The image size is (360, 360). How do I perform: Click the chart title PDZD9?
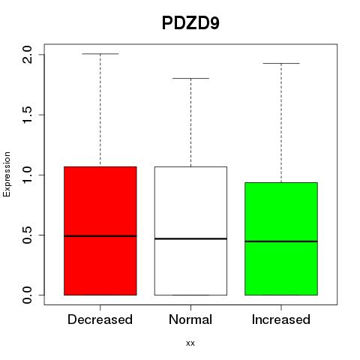pyautogui.click(x=190, y=23)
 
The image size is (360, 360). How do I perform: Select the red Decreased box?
pyautogui.click(x=100, y=231)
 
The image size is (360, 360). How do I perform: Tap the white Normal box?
pyautogui.click(x=190, y=231)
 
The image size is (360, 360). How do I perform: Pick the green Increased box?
pyautogui.click(x=281, y=238)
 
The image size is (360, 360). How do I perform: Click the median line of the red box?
pyautogui.click(x=100, y=236)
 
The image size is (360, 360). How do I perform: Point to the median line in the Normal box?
pyautogui.click(x=190, y=238)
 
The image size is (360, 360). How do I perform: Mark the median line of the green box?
pyautogui.click(x=281, y=241)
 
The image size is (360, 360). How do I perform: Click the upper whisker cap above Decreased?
pyautogui.click(x=100, y=54)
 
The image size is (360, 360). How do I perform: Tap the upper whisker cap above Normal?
pyautogui.click(x=190, y=78)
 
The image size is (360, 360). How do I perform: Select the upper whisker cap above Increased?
pyautogui.click(x=281, y=63)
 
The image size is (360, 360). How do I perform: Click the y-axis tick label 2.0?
pyautogui.click(x=27, y=55)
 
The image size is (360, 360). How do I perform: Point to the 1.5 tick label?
pyautogui.click(x=27, y=115)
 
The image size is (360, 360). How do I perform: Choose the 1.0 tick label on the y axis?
pyautogui.click(x=27, y=175)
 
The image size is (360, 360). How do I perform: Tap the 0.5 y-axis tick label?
pyautogui.click(x=27, y=235)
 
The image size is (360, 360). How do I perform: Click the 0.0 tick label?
pyautogui.click(x=27, y=295)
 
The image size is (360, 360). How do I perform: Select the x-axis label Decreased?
pyautogui.click(x=100, y=319)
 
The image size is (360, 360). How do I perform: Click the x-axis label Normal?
pyautogui.click(x=190, y=319)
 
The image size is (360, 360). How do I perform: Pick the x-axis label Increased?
pyautogui.click(x=281, y=319)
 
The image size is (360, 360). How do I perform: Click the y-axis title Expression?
pyautogui.click(x=7, y=175)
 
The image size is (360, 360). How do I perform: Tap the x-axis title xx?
pyautogui.click(x=190, y=343)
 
